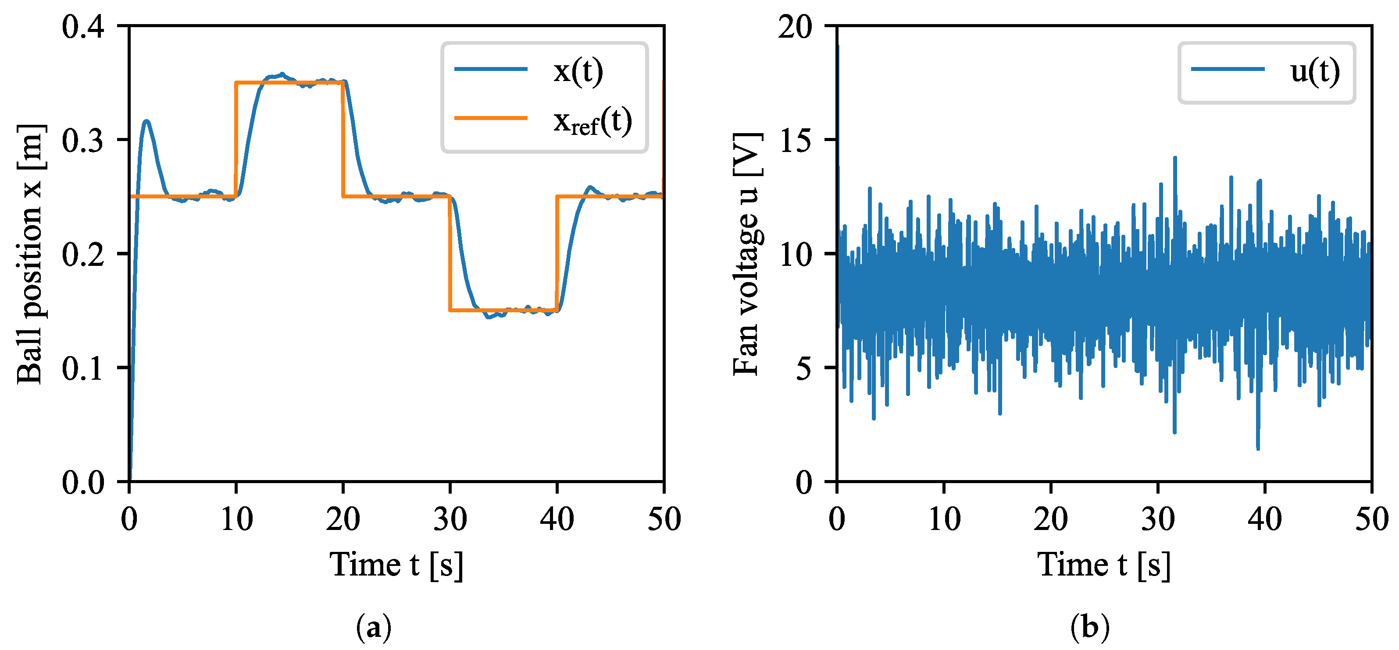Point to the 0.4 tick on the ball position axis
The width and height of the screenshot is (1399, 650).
82,26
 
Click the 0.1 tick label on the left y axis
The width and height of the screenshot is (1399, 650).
82,368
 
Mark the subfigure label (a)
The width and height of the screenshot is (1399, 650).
374,627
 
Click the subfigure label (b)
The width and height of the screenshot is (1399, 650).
1089,627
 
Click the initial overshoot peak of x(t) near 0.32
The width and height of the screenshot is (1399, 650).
146,121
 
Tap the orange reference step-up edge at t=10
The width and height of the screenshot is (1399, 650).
236,139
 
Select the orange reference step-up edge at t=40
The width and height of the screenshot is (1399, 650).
557,253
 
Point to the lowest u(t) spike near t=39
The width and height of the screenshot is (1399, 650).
1258,447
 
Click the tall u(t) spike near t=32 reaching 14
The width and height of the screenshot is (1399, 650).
1175,159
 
